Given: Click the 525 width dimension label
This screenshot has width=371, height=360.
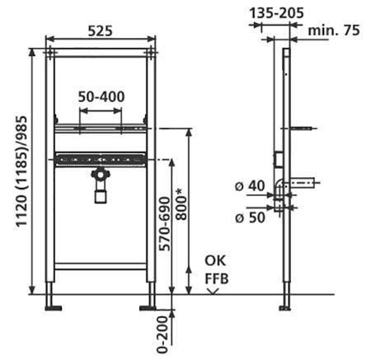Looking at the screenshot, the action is (101, 30).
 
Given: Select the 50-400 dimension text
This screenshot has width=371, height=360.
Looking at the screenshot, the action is (101, 96).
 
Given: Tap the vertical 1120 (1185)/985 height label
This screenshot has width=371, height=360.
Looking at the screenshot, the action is (21, 171).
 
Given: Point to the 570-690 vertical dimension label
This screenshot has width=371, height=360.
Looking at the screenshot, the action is (166, 223).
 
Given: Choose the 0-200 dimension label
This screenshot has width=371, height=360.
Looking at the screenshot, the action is (162, 334).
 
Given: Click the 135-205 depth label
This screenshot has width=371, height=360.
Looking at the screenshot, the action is (276, 13).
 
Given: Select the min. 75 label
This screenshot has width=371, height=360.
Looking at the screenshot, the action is (334, 30).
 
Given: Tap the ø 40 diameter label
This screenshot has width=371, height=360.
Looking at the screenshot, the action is (250, 186).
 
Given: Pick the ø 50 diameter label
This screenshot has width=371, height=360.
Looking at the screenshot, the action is (250, 217).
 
